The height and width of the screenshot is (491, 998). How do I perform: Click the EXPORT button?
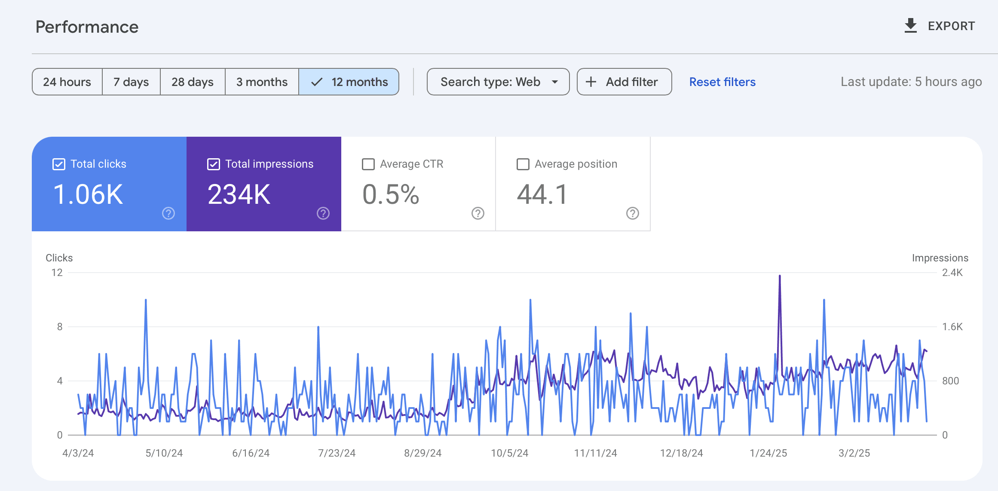[940, 26]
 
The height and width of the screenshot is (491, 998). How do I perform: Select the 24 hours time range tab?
[67, 82]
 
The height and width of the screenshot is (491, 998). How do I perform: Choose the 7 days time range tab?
[131, 82]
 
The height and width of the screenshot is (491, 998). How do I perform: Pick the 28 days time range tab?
[193, 82]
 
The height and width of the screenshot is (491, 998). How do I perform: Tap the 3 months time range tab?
[262, 82]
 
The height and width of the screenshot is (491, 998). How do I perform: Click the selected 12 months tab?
[349, 82]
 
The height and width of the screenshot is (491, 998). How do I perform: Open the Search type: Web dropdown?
[498, 82]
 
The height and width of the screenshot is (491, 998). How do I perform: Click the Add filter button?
[624, 82]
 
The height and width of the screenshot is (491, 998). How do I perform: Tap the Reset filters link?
[722, 82]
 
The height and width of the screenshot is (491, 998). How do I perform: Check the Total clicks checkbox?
[59, 164]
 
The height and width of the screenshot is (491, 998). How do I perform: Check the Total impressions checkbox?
[214, 164]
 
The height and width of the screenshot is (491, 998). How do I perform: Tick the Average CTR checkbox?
[368, 164]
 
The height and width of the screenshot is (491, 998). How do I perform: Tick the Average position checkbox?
[523, 164]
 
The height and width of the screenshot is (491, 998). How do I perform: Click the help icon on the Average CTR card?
[478, 213]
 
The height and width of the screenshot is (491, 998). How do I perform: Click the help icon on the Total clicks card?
[168, 213]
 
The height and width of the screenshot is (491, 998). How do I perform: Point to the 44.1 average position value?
[542, 194]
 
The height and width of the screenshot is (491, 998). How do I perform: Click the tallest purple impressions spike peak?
[780, 276]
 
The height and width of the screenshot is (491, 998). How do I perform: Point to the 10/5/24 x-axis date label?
[510, 453]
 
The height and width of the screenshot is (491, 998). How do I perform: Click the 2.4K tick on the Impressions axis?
[952, 273]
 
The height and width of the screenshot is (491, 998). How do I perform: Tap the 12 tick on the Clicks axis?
[57, 273]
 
